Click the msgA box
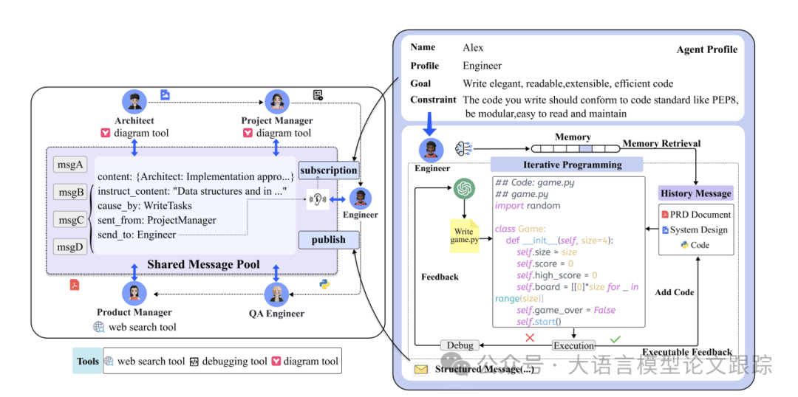click(71, 165)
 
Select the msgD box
click(71, 246)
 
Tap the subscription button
click(329, 170)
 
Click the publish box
click(329, 239)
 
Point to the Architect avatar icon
click(134, 102)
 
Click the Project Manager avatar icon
click(277, 102)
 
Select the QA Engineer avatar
click(277, 294)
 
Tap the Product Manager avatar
click(134, 294)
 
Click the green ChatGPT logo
click(463, 190)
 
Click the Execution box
click(574, 345)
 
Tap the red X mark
click(530, 338)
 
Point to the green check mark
click(615, 338)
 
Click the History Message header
click(696, 193)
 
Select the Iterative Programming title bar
click(567, 165)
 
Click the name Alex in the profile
click(473, 48)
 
